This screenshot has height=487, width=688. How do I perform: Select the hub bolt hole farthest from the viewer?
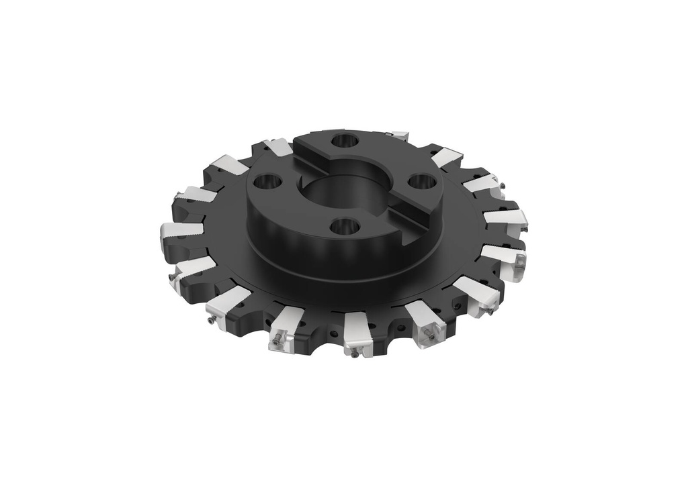coord(346,140)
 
